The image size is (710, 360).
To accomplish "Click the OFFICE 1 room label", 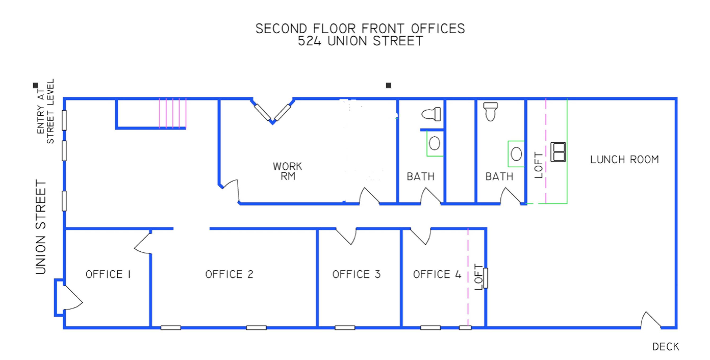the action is tap(108, 274).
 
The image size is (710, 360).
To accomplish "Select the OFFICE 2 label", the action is tap(229, 274).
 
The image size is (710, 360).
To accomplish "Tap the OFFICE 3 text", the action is tap(356, 274).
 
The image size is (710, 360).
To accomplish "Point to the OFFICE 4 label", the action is tap(437, 274).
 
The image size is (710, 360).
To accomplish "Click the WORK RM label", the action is tap(288, 171).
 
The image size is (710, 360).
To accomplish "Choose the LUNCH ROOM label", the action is tap(625, 159).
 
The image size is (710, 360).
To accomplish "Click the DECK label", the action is tap(666, 347).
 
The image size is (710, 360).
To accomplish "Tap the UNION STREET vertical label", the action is tap(41, 227).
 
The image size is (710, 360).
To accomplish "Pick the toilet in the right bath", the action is tap(491, 112).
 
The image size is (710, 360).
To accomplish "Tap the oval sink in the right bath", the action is tap(516, 154).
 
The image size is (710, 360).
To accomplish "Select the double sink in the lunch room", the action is tap(558, 152).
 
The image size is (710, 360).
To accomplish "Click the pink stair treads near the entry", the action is tap(173, 113).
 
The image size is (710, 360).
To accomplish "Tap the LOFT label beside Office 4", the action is tap(479, 277).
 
